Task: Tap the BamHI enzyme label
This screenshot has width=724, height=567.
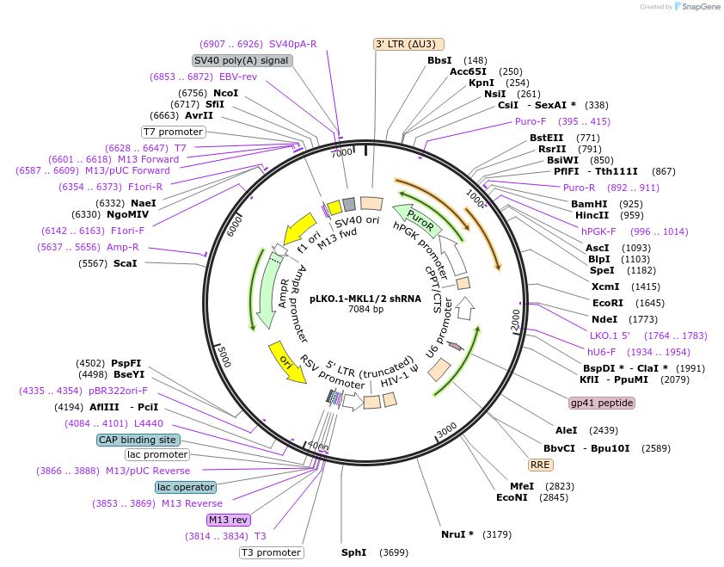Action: (589, 204)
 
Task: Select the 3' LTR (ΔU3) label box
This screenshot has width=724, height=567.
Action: (409, 44)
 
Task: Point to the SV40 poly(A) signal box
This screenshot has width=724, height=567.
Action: (242, 61)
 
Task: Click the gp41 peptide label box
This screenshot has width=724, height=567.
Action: (602, 403)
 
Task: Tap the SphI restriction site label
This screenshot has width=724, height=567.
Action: (354, 552)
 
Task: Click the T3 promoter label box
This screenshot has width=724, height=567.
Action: (271, 552)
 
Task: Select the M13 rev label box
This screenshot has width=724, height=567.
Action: (228, 520)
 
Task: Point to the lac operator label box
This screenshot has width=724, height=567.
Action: (186, 487)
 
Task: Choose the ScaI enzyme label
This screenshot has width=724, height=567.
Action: (125, 263)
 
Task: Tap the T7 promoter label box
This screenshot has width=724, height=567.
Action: (174, 132)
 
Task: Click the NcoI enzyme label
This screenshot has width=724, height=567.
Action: (225, 93)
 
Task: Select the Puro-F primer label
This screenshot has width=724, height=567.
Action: (531, 121)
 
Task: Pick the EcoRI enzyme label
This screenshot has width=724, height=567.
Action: (607, 303)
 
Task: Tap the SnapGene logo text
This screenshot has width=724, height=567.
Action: (697, 7)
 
